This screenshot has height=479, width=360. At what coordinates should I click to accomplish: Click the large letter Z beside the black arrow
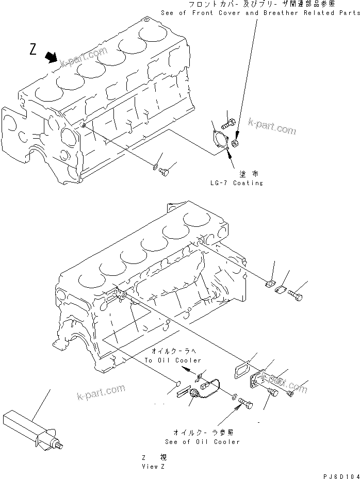pyautogui.click(x=33, y=49)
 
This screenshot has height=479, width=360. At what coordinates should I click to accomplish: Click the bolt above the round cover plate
pyautogui.click(x=229, y=124)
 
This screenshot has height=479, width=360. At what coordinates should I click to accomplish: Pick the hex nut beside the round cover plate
pyautogui.click(x=236, y=143)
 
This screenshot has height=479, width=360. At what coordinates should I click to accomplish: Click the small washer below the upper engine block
pyautogui.click(x=155, y=167)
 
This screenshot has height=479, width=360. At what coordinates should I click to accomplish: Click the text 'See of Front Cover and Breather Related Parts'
pyautogui.click(x=260, y=13)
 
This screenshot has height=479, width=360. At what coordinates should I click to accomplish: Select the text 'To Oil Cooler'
pyautogui.click(x=173, y=360)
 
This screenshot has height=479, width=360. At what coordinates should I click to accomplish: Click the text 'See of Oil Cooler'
pyautogui.click(x=202, y=441)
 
